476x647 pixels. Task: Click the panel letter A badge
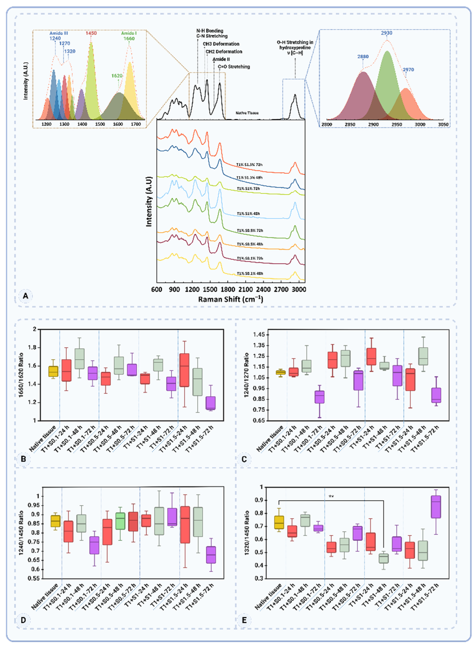click(x=25, y=296)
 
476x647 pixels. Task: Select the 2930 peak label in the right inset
click(x=386, y=33)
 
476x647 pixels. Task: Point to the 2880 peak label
click(x=363, y=57)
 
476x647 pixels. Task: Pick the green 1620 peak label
click(x=117, y=76)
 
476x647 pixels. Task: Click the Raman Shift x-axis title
click(x=230, y=299)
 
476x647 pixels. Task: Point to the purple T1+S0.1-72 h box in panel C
click(x=319, y=397)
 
